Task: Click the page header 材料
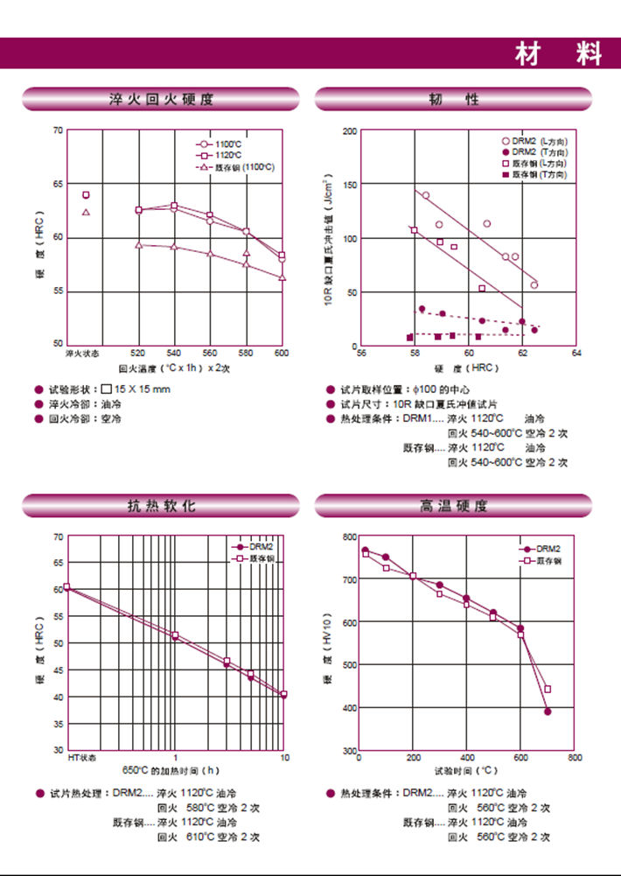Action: [558, 54]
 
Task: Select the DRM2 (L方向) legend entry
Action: [538, 142]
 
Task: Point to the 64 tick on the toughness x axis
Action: [576, 354]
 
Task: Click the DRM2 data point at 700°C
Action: [548, 711]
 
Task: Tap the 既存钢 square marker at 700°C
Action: [548, 689]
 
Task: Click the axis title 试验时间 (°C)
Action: [466, 771]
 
